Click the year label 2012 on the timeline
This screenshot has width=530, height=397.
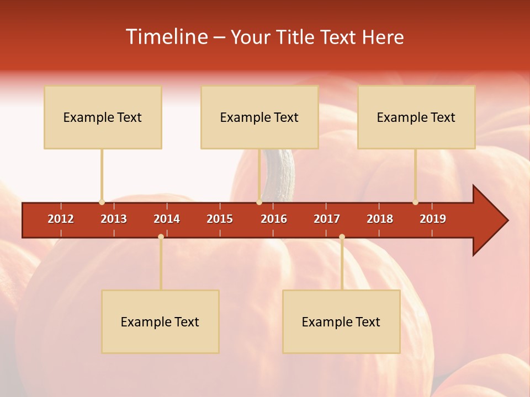61,219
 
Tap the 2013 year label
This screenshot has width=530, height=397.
114,219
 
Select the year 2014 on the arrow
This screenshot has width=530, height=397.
167,219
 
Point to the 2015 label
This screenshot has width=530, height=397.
220,219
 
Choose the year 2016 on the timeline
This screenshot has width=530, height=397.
274,219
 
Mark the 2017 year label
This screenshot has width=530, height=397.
327,219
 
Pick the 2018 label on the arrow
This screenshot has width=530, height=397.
380,219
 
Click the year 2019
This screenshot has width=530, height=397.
433,219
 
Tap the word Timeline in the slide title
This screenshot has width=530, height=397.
167,37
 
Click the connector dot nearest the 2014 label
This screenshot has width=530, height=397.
161,237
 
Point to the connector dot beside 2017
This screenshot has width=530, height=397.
342,237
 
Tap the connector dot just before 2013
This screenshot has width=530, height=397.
102,202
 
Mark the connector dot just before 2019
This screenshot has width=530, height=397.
415,202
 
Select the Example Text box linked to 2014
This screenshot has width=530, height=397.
160,321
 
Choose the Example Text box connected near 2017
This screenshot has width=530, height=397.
341,321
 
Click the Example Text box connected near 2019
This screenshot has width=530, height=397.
416,117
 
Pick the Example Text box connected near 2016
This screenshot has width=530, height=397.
259,117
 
